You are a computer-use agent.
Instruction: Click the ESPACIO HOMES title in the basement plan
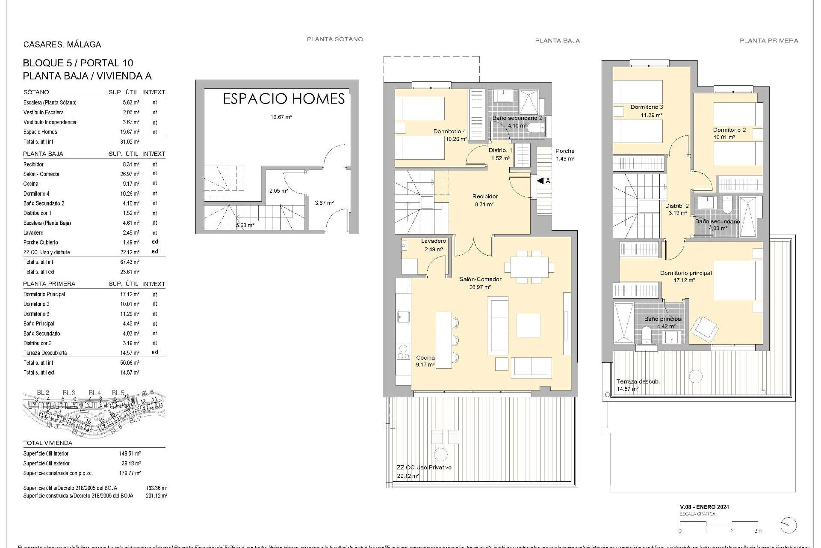(x=284, y=99)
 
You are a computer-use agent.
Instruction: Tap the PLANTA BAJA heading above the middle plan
(x=557, y=41)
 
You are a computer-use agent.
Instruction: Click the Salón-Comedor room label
(x=480, y=279)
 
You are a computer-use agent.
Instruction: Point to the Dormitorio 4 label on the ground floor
(x=449, y=131)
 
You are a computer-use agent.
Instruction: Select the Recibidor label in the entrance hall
(x=485, y=197)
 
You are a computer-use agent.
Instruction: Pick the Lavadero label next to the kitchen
(x=433, y=241)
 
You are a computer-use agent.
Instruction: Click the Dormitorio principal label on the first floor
(x=685, y=273)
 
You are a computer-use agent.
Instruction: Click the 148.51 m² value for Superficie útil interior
(x=130, y=453)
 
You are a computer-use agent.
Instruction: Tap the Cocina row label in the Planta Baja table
(x=31, y=184)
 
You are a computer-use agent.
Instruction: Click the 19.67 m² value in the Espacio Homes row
(x=130, y=132)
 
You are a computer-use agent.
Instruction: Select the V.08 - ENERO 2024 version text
(x=704, y=507)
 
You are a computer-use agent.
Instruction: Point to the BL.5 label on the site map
(x=118, y=393)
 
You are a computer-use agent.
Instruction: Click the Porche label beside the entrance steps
(x=565, y=151)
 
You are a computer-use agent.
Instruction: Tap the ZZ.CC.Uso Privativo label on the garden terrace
(x=424, y=468)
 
